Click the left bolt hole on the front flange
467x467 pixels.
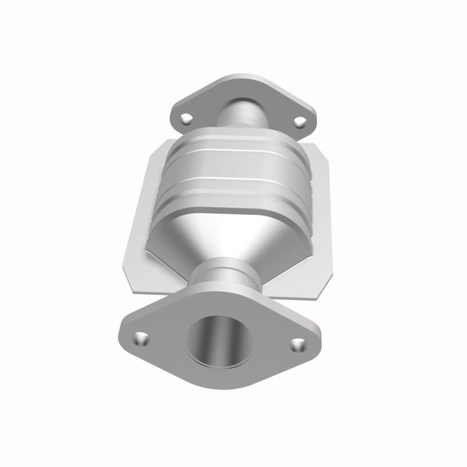click(x=141, y=338)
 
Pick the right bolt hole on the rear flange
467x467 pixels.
click(x=299, y=122)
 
